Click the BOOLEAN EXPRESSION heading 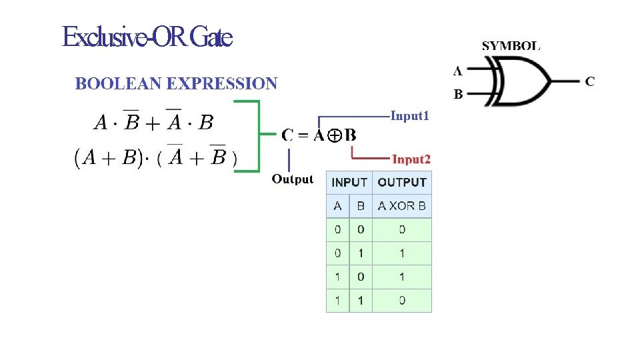click(x=176, y=84)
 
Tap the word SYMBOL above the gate click(x=511, y=47)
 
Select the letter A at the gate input click(x=458, y=69)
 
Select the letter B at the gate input click(x=459, y=95)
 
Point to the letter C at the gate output click(x=589, y=81)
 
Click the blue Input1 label click(x=410, y=116)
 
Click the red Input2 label click(x=411, y=159)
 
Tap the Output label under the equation click(x=292, y=179)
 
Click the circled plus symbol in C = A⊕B click(x=335, y=135)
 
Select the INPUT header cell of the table click(x=349, y=182)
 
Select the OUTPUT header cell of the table click(x=402, y=182)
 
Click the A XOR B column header click(x=402, y=206)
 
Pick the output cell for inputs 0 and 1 click(x=402, y=253)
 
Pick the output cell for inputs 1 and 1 click(x=402, y=301)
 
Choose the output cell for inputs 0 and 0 click(x=402, y=229)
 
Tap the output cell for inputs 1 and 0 click(x=402, y=277)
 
